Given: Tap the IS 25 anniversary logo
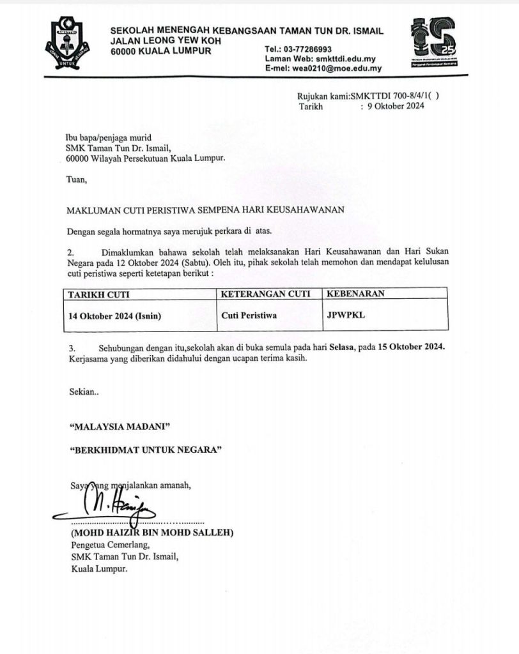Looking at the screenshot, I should [434, 42].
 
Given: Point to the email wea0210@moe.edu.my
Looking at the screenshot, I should [339, 68].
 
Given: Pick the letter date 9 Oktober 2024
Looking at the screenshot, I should [396, 107].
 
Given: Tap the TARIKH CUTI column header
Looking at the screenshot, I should [96, 294].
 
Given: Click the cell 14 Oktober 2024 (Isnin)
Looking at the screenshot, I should [116, 316].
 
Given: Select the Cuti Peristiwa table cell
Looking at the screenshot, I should [249, 316].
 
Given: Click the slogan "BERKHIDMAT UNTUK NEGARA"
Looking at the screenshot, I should [145, 450].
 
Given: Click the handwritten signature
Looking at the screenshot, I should [115, 507].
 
